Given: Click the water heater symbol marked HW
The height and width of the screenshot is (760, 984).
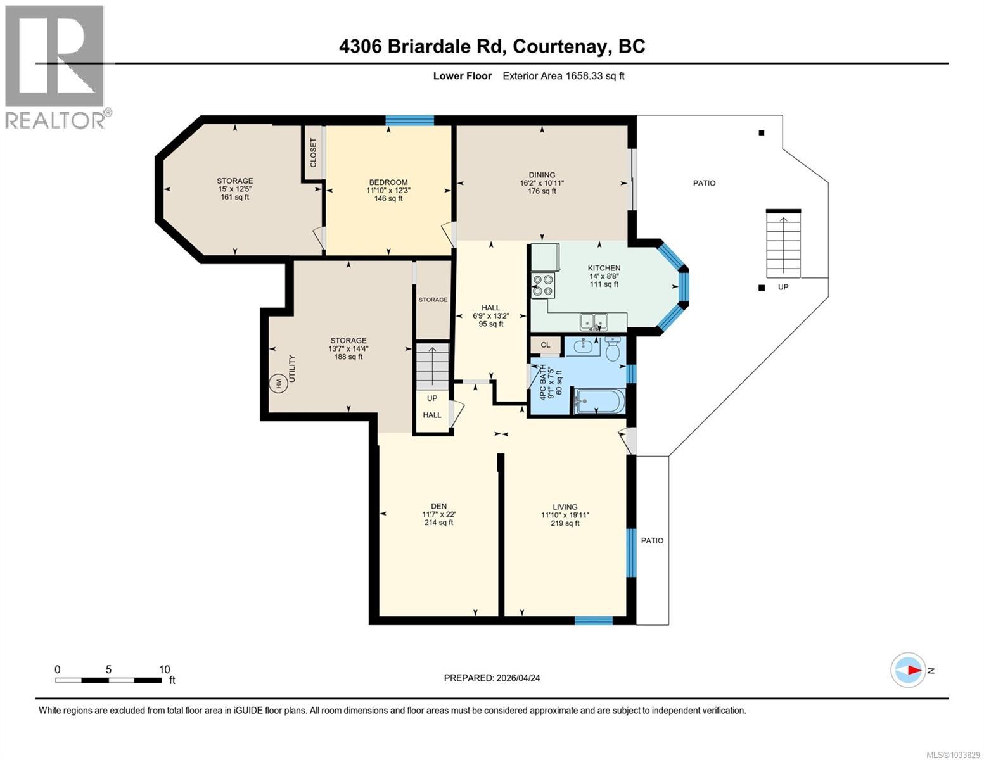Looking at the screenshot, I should coord(277,384).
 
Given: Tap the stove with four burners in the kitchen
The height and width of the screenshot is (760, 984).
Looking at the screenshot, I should coord(542,285).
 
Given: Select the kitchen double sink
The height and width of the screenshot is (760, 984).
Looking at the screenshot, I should coord(594,322).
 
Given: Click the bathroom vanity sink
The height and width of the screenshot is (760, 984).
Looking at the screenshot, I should coord(582,346).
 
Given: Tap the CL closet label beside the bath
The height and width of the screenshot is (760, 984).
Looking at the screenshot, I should coord(545,346).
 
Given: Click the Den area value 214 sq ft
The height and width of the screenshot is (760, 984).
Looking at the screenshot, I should coord(438,522).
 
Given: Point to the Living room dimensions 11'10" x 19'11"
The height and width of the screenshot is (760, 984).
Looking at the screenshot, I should coord(565,515).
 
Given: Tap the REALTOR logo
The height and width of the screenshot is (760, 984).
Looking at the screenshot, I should coord(56,66).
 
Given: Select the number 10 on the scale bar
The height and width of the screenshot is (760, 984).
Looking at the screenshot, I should coord(164,669).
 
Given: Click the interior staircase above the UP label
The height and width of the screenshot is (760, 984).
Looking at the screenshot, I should coord(432,367).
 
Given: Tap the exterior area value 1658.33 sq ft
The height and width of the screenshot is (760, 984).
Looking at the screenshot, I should coord(563,76).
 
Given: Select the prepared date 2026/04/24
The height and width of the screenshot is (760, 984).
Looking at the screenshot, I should coord(518,678).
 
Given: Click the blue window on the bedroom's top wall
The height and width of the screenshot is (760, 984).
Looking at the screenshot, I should coord(410,120).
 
